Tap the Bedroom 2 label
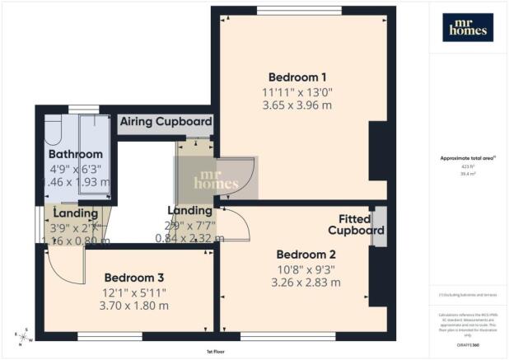coord(306,254)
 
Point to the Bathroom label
coord(75,154)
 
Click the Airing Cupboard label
coord(166,122)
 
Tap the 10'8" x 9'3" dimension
coord(306,269)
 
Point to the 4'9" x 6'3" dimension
coord(75,168)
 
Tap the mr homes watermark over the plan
coord(216,180)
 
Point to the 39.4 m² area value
coord(467,174)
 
